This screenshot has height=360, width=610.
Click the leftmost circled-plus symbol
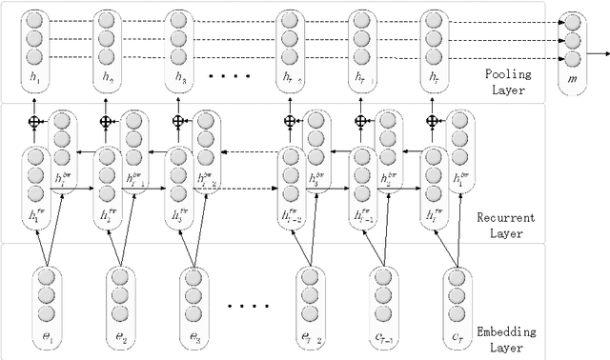pos(36,122)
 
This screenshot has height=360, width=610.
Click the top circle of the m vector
pos(571,22)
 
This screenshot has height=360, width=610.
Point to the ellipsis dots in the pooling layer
pos(229,74)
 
